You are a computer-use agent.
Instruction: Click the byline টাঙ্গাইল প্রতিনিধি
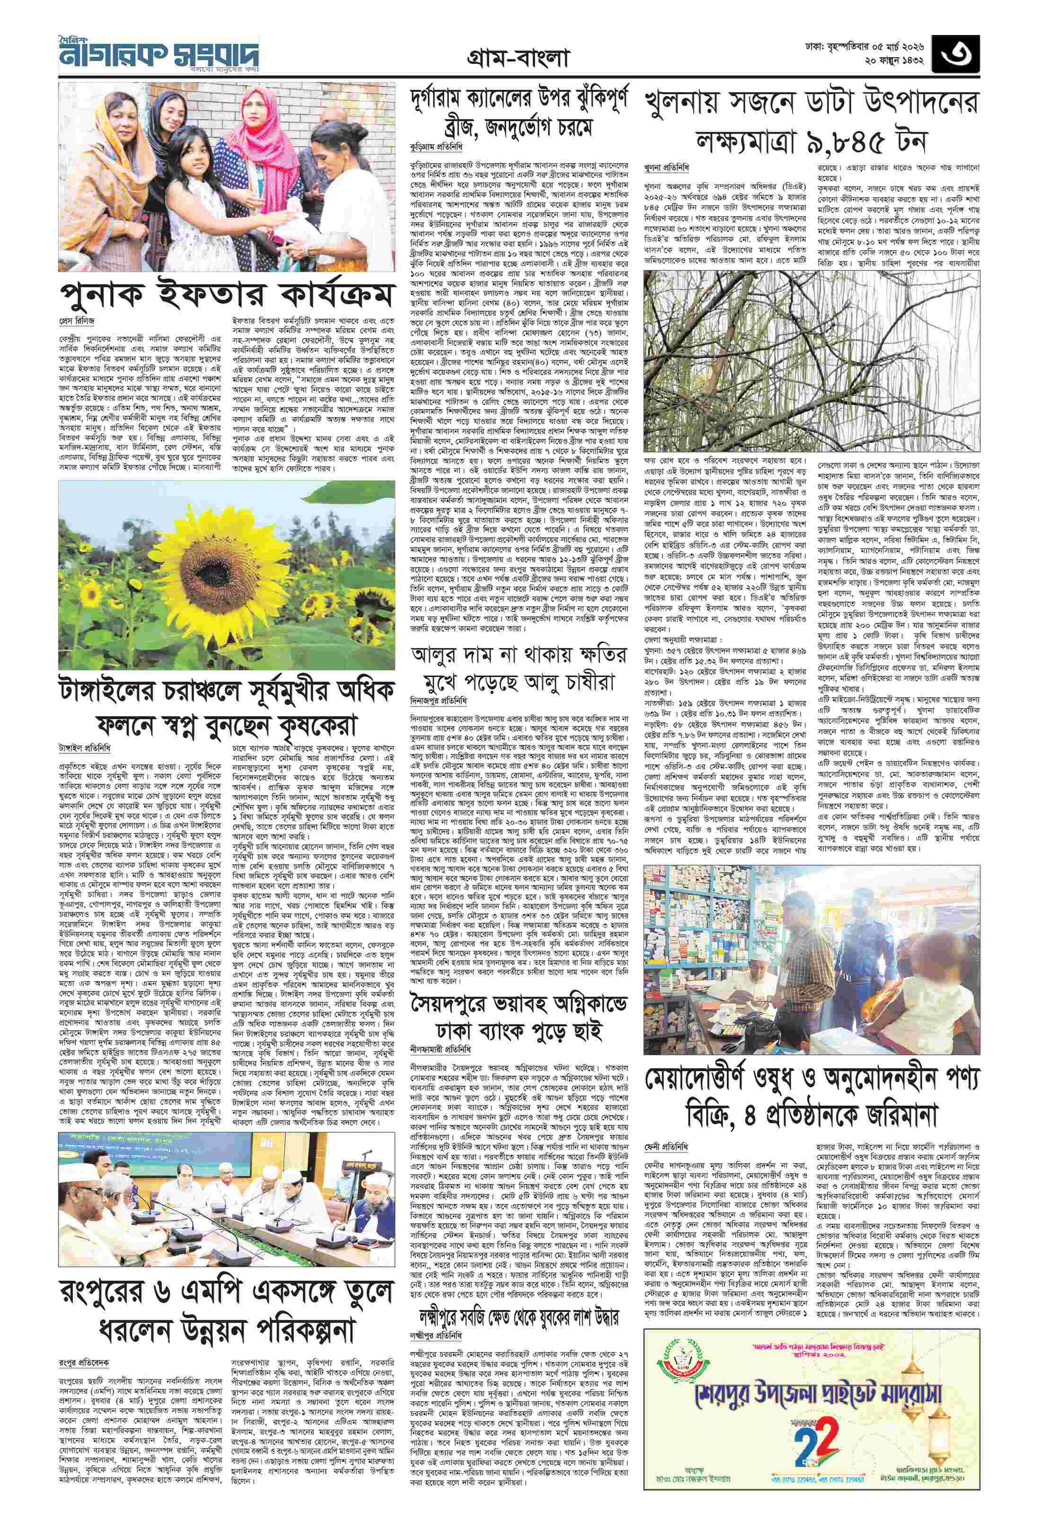[85, 748]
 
